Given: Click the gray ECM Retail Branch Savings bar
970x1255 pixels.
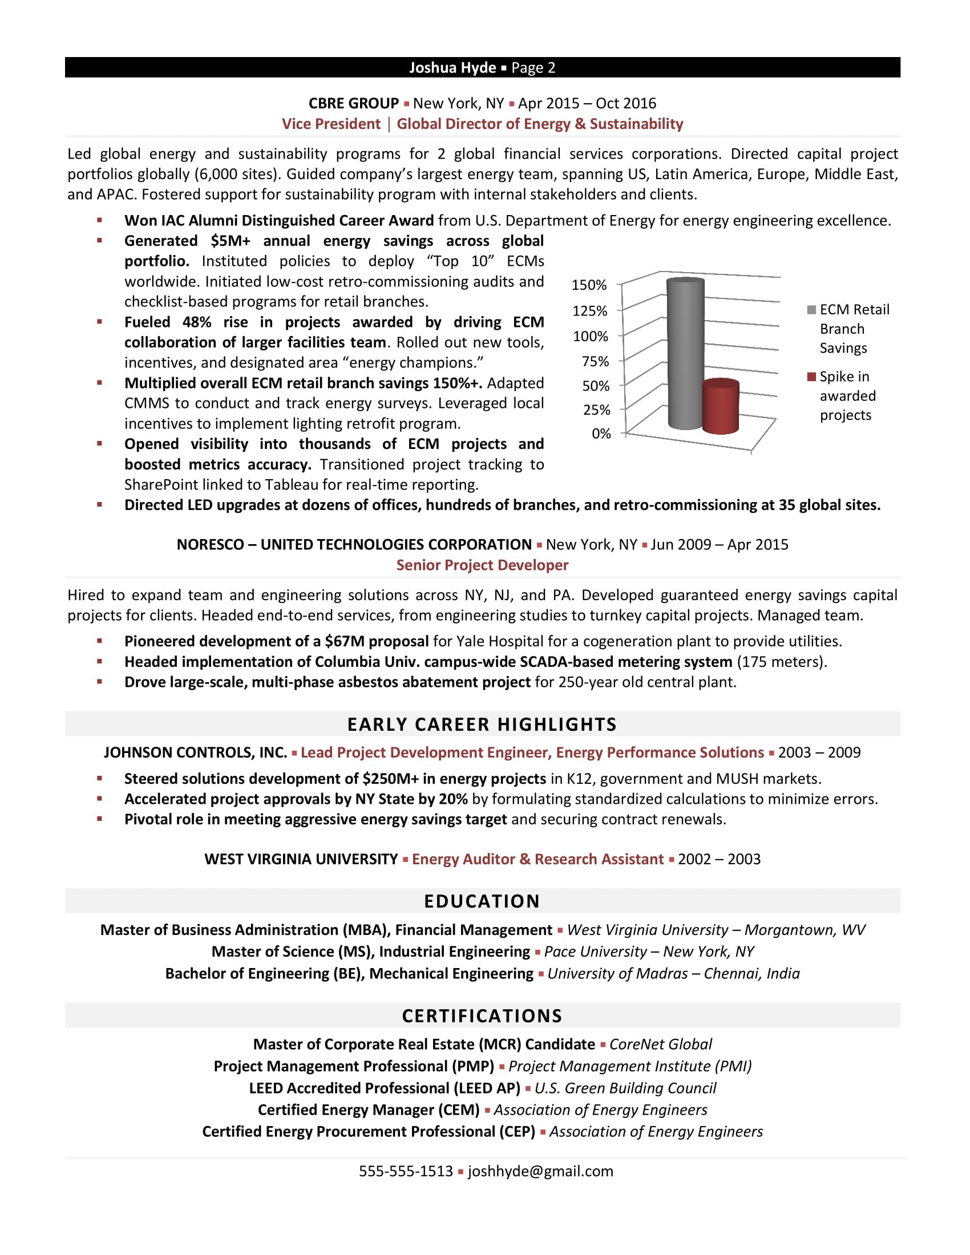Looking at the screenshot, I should pos(685,354).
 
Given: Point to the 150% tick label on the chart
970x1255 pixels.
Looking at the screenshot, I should pos(588,285).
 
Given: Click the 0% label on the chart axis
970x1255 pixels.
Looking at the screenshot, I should pos(601,434).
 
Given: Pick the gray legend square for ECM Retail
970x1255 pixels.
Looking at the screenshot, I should pos(811,310).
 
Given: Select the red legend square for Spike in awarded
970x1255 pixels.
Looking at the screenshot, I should pos(811,376).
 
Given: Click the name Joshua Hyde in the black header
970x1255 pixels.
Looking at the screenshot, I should pos(452,68).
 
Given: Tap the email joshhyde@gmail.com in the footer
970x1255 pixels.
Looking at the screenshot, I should pos(540,1171).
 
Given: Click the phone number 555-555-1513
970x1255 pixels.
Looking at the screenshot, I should pos(406,1171).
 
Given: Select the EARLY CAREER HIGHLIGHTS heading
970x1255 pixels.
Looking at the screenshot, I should pos(482,724).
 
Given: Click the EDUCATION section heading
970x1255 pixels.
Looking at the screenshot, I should pos(482,901).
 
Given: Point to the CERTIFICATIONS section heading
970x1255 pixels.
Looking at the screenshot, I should pos(482,1016).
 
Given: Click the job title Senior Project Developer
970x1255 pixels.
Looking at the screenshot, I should pos(482,565).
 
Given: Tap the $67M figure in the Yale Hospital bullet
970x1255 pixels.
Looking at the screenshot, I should pos(343,641).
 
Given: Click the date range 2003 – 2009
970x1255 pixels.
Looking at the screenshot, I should pos(819,753).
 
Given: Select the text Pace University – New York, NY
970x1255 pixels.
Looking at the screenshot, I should pos(649,952).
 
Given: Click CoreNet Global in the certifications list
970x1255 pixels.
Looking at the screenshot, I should pos(660,1044).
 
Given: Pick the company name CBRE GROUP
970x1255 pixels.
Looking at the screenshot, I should pos(353,103).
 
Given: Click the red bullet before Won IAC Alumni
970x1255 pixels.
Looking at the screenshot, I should pos(99,220).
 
